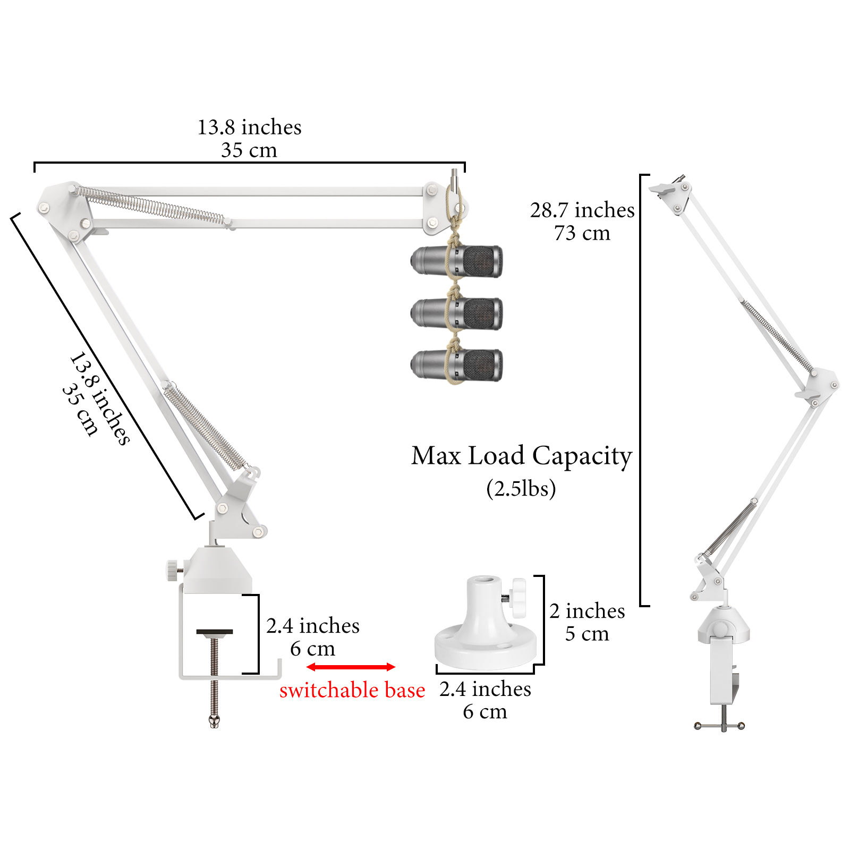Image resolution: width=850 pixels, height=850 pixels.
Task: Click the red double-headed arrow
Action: (x=351, y=667)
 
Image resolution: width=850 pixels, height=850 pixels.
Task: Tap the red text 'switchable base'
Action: (x=352, y=690)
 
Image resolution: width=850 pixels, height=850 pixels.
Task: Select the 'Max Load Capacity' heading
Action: (x=522, y=456)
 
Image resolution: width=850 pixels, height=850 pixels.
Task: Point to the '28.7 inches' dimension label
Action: (x=582, y=210)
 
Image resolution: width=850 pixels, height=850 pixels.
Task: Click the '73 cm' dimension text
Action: (x=582, y=233)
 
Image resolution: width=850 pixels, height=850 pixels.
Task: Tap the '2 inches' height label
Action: (x=587, y=611)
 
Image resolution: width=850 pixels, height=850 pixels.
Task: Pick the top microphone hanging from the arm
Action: (x=457, y=261)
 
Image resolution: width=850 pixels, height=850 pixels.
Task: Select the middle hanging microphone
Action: (x=457, y=313)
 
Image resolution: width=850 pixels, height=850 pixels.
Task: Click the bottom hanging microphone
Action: (x=457, y=365)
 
